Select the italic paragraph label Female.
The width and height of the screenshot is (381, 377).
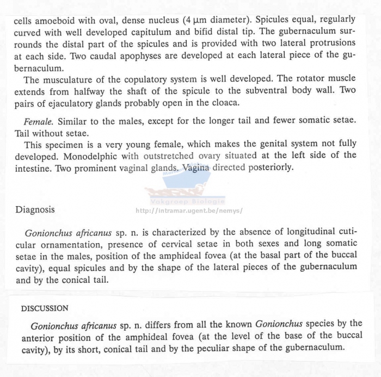pos(38,121)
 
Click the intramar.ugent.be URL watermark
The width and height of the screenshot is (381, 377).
pos(189,210)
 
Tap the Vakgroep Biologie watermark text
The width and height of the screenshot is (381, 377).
pos(188,201)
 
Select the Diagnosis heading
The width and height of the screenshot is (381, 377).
pos(35,209)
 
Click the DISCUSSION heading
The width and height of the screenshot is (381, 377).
pos(45,308)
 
